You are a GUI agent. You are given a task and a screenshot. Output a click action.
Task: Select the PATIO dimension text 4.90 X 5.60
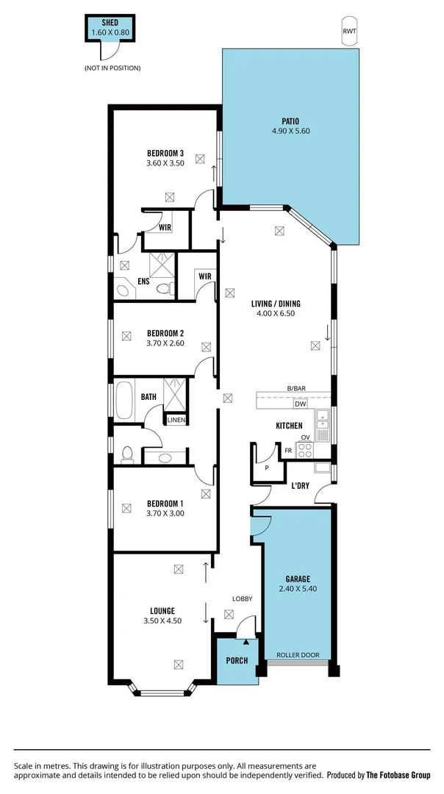[290, 132]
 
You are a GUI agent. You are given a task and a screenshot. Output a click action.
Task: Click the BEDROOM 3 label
[165, 154]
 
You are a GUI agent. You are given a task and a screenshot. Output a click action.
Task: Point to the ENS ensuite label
[144, 282]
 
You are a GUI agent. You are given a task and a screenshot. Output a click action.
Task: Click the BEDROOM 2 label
[165, 332]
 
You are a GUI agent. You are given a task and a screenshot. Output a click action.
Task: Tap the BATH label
[148, 397]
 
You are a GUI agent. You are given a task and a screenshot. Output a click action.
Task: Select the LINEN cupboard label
[176, 421]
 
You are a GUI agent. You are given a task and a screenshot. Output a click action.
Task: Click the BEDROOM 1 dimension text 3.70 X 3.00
[165, 513]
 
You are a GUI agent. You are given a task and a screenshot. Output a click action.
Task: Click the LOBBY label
[243, 599]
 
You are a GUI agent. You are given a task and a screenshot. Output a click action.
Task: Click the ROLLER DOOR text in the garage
[297, 654]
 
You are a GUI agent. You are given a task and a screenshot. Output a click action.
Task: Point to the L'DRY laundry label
[300, 486]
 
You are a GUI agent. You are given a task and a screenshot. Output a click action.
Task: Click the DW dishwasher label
[300, 404]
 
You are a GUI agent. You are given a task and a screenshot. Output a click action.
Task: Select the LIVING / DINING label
[276, 304]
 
